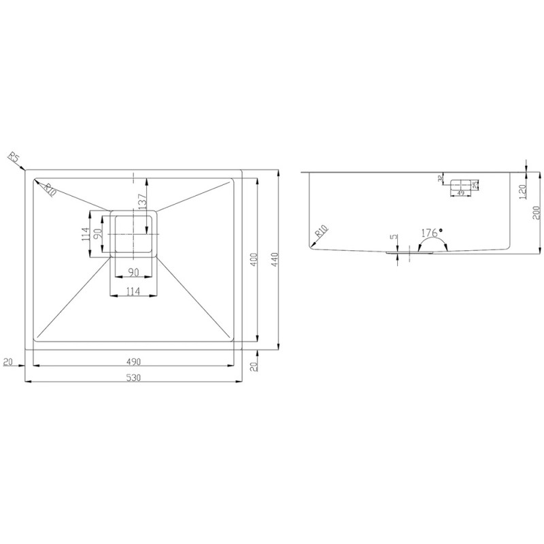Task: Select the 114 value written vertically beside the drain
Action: click(x=86, y=235)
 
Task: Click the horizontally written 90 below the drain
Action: click(x=134, y=273)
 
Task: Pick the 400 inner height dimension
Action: click(x=253, y=262)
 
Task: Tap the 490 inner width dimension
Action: click(x=134, y=361)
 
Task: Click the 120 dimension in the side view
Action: click(x=523, y=192)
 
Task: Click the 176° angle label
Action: click(x=430, y=233)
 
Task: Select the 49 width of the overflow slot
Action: click(x=460, y=194)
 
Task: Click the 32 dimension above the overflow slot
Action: click(x=441, y=179)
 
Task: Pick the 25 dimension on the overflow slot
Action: click(x=475, y=184)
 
